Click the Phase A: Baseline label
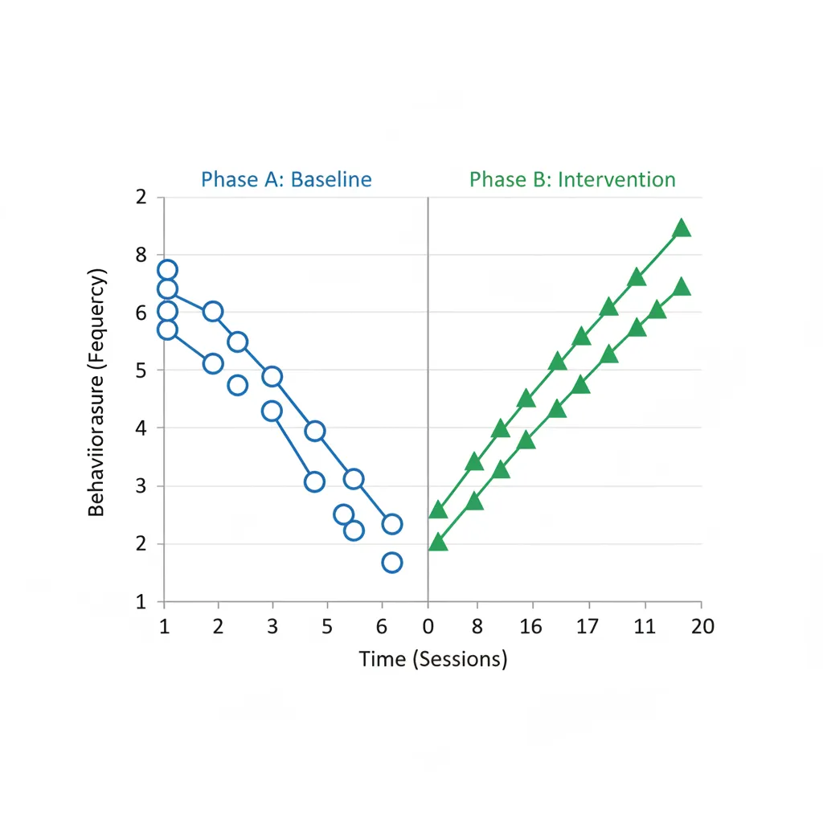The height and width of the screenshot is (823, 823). click(286, 178)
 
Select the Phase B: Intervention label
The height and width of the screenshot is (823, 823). click(572, 178)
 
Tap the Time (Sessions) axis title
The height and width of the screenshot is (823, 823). click(433, 660)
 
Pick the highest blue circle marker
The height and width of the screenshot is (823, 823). click(167, 270)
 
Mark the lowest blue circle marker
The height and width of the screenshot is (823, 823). click(391, 563)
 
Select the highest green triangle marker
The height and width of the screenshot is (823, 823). click(682, 228)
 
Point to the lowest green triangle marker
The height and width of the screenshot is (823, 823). click(438, 543)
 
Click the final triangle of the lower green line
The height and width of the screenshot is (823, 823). click(682, 287)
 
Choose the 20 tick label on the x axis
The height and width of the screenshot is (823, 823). click(702, 627)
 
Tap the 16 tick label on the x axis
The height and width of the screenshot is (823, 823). click(531, 627)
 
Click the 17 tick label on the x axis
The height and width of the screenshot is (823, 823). click(588, 627)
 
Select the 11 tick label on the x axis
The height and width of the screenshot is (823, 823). click(645, 627)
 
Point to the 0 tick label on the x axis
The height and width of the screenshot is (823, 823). click(428, 627)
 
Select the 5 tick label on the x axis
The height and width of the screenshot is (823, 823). click(326, 627)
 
